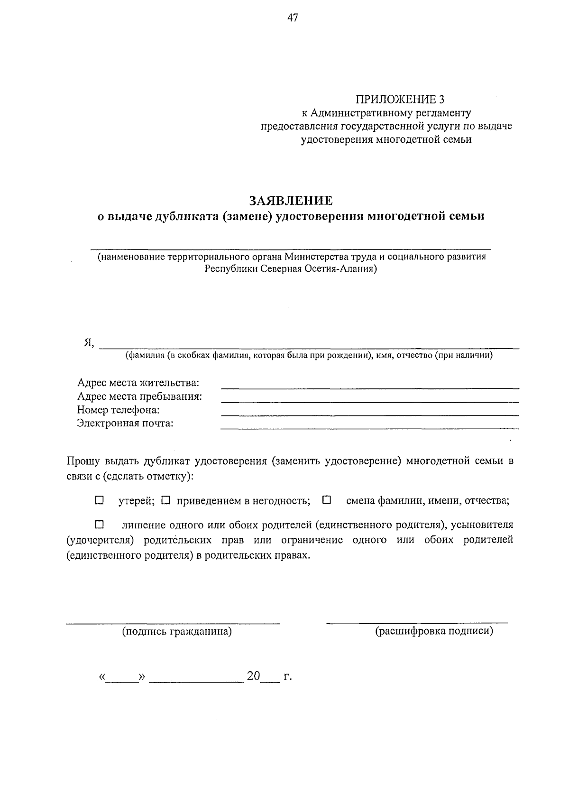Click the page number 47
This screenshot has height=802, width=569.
tap(292, 18)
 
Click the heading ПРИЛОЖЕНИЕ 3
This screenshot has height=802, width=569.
tap(401, 100)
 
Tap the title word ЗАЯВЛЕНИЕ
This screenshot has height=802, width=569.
tap(291, 201)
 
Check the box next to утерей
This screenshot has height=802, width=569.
tap(99, 500)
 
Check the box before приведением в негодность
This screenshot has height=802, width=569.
tap(165, 500)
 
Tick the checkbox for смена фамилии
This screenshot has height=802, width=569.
tap(326, 500)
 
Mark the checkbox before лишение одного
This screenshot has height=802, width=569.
tap(99, 525)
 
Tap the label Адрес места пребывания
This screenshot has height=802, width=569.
tap(139, 396)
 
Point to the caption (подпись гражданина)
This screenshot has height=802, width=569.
tap(177, 631)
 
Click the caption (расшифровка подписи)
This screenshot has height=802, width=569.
tap(434, 631)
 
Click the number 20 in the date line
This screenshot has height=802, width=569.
tap(253, 676)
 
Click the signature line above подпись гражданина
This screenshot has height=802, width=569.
tap(173, 622)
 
